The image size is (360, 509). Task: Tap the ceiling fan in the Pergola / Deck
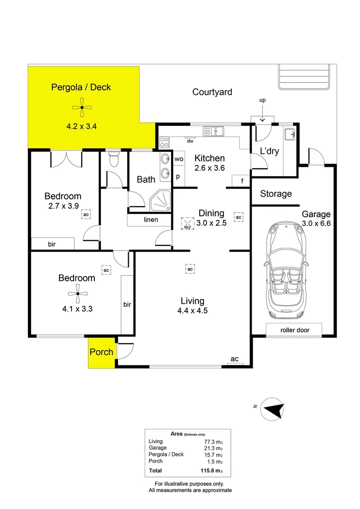[82, 107]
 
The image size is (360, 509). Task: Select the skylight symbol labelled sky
[188, 224]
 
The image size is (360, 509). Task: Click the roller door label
[295, 330]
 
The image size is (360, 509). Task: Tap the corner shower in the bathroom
[160, 201]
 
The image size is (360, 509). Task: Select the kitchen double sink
[213, 131]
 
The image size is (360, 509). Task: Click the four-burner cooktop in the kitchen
[164, 142]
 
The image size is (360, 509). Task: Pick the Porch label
[101, 352]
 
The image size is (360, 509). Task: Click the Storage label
[276, 194]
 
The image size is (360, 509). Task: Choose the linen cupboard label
[151, 220]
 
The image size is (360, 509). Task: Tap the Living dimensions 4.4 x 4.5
[193, 311]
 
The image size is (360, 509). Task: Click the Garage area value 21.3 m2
[213, 448]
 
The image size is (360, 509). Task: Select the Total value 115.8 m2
[212, 470]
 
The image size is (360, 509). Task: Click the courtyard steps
[304, 77]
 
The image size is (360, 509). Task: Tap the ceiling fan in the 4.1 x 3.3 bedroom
[78, 294]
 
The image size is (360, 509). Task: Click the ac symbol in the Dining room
[238, 217]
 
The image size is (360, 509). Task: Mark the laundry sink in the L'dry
[290, 134]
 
